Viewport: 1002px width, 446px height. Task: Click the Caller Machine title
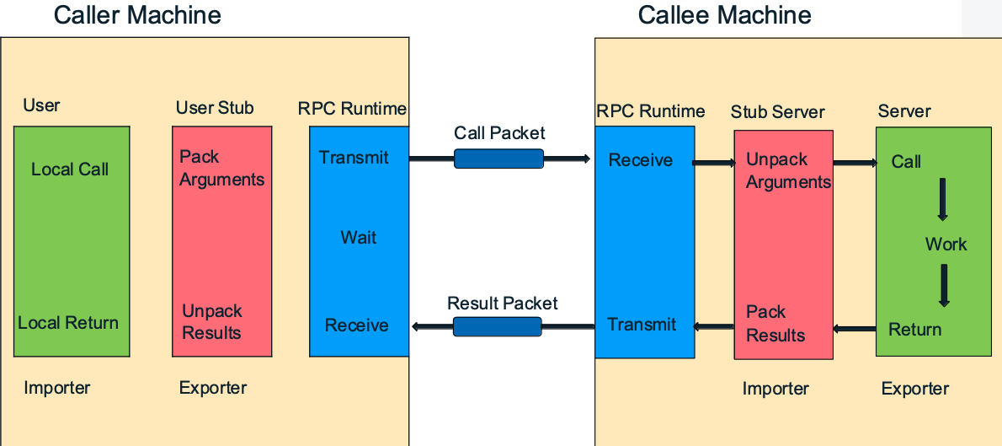pyautogui.click(x=137, y=14)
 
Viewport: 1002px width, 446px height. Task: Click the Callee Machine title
pyautogui.click(x=725, y=14)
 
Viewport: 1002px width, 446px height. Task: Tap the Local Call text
pyautogui.click(x=70, y=169)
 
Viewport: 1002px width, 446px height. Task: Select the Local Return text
pyautogui.click(x=67, y=323)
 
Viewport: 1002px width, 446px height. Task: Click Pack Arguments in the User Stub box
pyautogui.click(x=221, y=169)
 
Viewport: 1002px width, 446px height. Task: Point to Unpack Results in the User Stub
pyautogui.click(x=212, y=322)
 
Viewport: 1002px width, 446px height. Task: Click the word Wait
pyautogui.click(x=359, y=238)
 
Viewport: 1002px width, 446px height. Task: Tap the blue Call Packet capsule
pyautogui.click(x=498, y=159)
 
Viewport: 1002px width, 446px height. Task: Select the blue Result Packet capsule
pyautogui.click(x=497, y=326)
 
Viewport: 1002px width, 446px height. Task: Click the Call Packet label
pyautogui.click(x=499, y=133)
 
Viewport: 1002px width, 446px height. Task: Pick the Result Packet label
pyautogui.click(x=503, y=303)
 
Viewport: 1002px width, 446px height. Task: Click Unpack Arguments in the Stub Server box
pyautogui.click(x=789, y=171)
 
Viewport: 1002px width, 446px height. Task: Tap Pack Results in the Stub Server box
pyautogui.click(x=775, y=323)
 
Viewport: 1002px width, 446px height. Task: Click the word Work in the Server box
pyautogui.click(x=946, y=244)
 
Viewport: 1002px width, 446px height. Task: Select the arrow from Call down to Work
pyautogui.click(x=942, y=199)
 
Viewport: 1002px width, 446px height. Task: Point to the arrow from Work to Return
pyautogui.click(x=943, y=285)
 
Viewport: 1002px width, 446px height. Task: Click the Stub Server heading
pyautogui.click(x=778, y=112)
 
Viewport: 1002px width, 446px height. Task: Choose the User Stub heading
pyautogui.click(x=215, y=108)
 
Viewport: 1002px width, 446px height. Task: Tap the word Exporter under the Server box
pyautogui.click(x=915, y=389)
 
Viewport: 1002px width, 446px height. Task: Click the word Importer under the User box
pyautogui.click(x=57, y=387)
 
